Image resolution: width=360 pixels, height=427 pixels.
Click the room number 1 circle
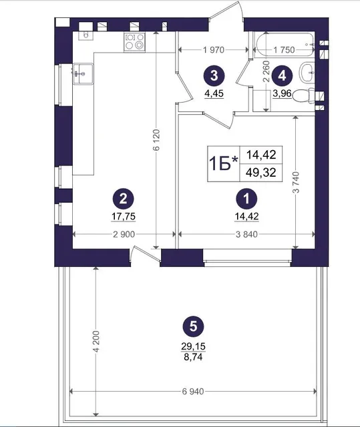coord(246,199)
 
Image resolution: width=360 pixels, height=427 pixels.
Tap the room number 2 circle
coord(123,199)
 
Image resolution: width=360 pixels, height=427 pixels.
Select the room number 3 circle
coord(214,75)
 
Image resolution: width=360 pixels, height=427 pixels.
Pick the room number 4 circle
coord(283,75)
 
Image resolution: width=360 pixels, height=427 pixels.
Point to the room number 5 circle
coord(193,326)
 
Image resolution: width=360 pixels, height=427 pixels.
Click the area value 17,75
coord(124,216)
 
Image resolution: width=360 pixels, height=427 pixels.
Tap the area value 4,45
coord(214,93)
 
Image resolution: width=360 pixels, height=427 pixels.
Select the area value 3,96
coord(283,93)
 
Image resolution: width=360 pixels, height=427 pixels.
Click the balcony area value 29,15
coord(193,347)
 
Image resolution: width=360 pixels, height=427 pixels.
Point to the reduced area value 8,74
coord(193,357)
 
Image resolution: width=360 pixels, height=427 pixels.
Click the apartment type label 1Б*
coord(224,164)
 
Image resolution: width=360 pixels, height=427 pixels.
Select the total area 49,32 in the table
coord(260,173)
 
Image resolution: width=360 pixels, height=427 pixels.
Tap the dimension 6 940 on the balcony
coord(193,392)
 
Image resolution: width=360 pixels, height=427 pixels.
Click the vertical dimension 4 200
coord(96,342)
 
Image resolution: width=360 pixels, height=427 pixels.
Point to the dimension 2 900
coord(124,234)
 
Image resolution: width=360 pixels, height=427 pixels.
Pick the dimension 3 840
coord(246,234)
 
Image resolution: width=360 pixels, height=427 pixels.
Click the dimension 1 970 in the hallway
coord(214,50)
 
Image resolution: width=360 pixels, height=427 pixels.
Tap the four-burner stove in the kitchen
coord(135,41)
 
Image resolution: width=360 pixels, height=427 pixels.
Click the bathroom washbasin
coord(307,73)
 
